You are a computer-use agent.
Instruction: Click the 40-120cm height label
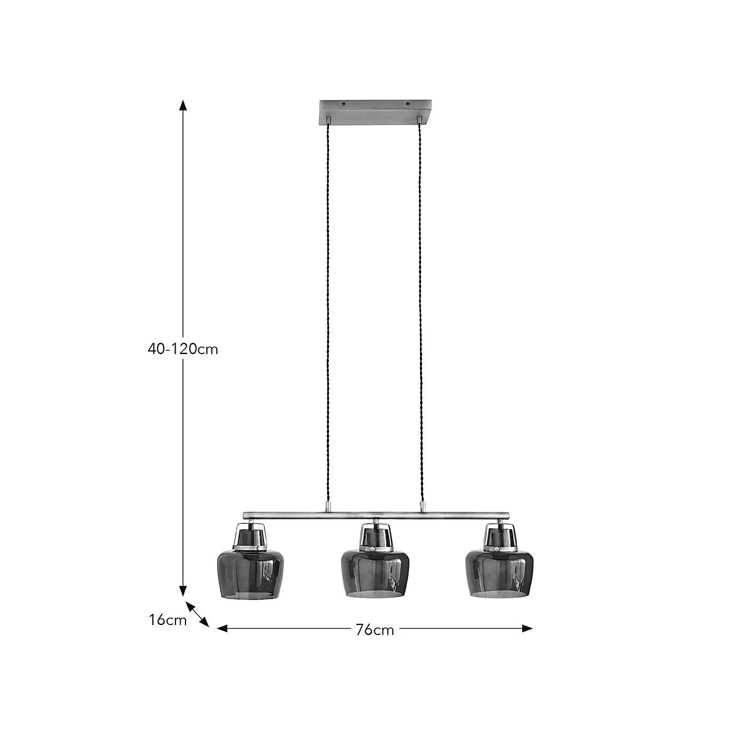(182, 349)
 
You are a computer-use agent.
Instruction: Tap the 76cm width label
(375, 630)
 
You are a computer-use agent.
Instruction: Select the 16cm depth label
(168, 620)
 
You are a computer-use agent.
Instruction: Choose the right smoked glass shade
(497, 574)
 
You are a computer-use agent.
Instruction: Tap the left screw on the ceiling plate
(344, 104)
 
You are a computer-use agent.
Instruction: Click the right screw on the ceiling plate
(407, 104)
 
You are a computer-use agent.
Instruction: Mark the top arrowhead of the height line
(183, 104)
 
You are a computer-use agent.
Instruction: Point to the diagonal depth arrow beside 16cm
(198, 614)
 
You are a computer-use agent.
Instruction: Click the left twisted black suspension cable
(328, 316)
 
